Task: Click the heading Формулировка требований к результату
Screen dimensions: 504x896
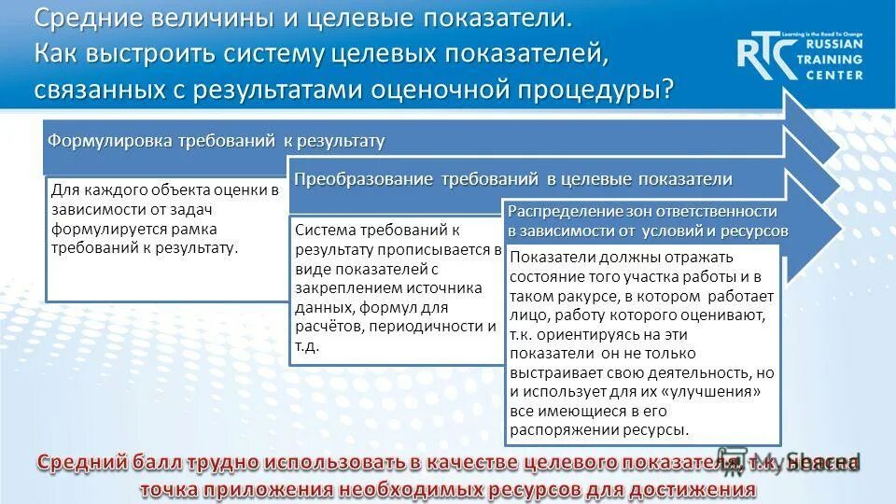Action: (x=216, y=141)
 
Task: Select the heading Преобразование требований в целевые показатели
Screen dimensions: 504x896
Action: (x=512, y=179)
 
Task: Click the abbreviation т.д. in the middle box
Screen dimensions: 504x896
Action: (x=307, y=346)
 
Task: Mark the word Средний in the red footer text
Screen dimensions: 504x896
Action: (x=92, y=463)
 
